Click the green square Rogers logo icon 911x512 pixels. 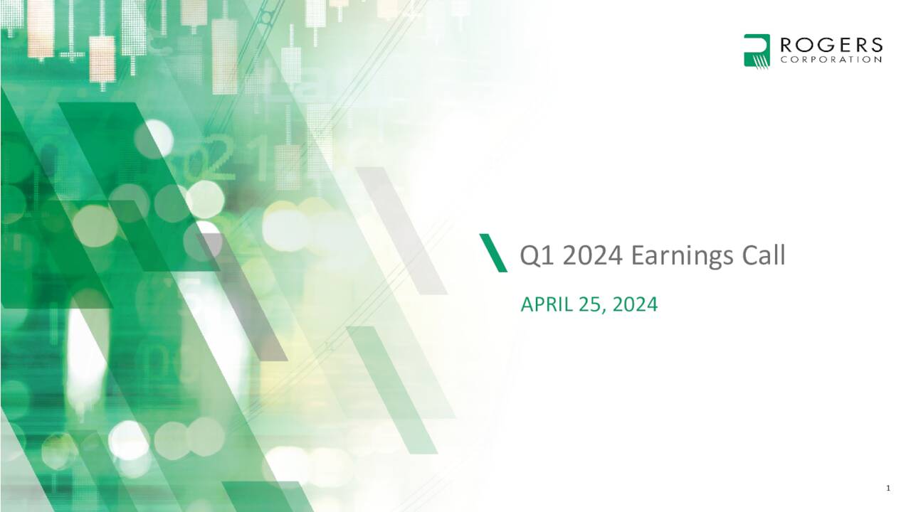(757, 50)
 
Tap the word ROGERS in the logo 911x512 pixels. (831, 46)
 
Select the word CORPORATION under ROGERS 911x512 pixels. (831, 60)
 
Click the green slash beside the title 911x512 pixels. (493, 252)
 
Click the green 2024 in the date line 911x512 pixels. (635, 305)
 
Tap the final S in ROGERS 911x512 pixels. (876, 46)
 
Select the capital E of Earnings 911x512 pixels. (638, 255)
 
